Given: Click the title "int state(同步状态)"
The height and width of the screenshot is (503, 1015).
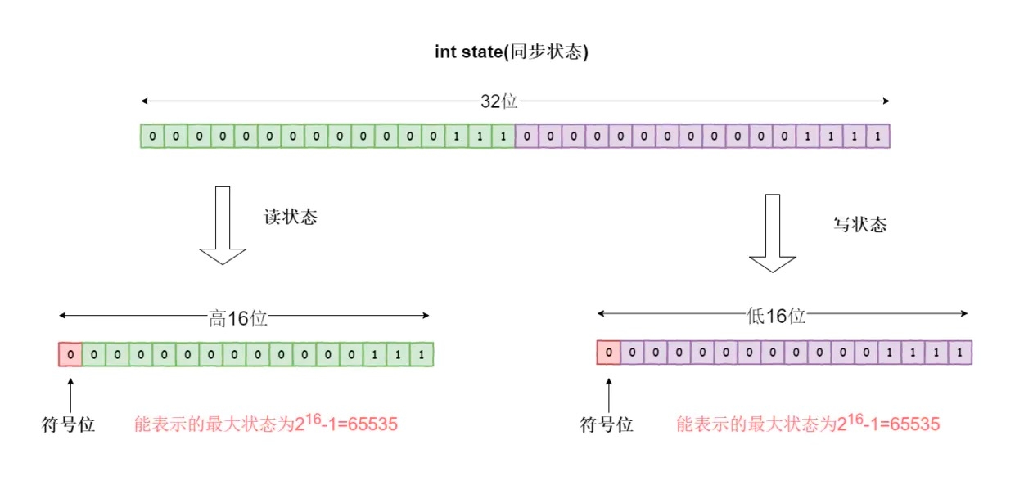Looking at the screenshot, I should coord(512,52).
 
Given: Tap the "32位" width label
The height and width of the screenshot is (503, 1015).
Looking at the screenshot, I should coord(498,101).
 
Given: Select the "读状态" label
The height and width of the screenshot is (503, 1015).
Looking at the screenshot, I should coord(290,218).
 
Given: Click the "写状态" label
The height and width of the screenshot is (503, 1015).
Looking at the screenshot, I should coord(859,225).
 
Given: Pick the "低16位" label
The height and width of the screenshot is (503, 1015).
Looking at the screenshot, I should coord(776,316).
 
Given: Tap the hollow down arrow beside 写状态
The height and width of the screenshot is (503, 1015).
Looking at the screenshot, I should coord(773,233).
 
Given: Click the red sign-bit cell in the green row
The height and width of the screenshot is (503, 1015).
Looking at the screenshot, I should coord(70,355).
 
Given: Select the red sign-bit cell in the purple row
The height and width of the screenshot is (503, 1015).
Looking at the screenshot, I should coord(607,353).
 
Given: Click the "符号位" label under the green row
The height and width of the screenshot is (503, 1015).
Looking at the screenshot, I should coord(69,425).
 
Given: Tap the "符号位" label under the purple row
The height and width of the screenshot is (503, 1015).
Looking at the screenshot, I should coord(607,425).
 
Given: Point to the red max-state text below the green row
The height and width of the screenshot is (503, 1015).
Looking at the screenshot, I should coord(266,424).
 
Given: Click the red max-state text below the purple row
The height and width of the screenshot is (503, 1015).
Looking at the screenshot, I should coord(808,424).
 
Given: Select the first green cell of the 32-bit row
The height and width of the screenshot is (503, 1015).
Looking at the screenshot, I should coord(151,137).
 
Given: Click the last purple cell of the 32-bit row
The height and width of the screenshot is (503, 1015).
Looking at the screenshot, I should coord(877,137).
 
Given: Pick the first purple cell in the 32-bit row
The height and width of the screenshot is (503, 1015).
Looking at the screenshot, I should coord(526,137).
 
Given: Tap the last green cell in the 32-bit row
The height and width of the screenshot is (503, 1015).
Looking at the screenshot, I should coord(503,137).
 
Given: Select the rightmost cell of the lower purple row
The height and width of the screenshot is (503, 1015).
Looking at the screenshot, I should coord(959,353).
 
